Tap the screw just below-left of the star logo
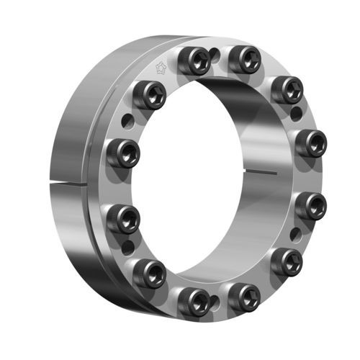[x=148, y=94]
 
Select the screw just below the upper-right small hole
[x=310, y=142]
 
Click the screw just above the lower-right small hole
[x=312, y=206]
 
